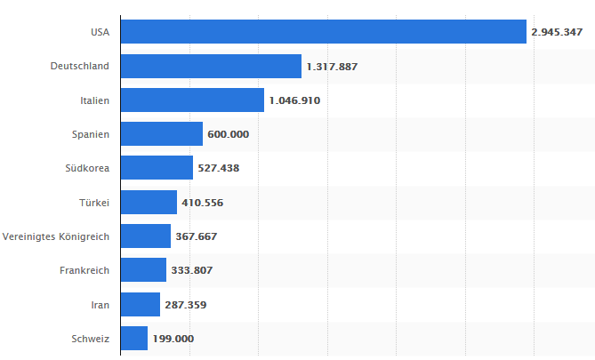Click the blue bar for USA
point(323,32)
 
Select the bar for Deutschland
point(211,67)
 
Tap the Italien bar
point(192,100)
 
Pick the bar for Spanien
point(161,134)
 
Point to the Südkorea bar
point(157,168)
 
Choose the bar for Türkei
point(149,202)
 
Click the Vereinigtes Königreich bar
point(145,236)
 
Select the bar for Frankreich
point(143,270)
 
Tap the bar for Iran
point(140,304)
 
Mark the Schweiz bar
point(133,338)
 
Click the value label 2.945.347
point(557,32)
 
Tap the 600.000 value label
point(228,134)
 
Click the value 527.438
point(218,168)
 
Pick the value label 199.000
point(173,338)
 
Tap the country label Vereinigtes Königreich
point(56,236)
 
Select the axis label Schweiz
point(90,338)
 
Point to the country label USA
point(100,32)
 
